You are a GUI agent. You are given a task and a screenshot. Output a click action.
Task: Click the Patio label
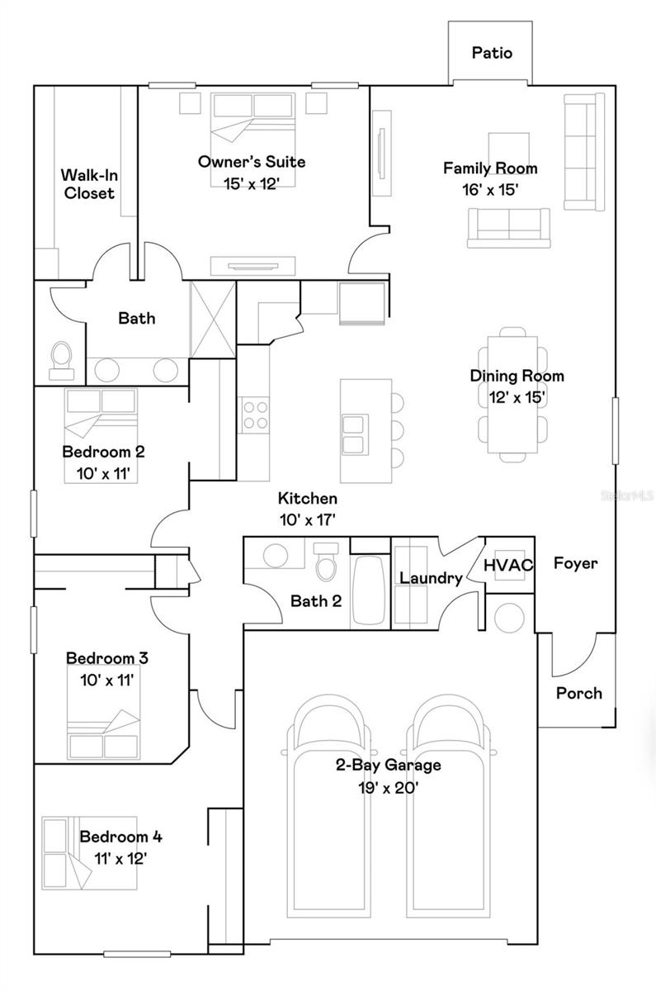pos(492,53)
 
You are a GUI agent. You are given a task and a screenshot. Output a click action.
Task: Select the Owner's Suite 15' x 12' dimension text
pos(251,183)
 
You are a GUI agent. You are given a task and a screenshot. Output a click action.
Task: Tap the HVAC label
pos(508,566)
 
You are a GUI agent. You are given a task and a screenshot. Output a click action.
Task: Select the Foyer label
pos(575,563)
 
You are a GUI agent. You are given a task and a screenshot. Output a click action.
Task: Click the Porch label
pos(578,693)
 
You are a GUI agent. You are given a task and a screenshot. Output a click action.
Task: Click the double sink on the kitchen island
pos(354,434)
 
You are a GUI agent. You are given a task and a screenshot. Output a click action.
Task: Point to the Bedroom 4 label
pos(120,837)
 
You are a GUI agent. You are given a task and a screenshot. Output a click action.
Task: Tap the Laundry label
pos(430,578)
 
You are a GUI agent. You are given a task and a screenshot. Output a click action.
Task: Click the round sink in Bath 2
pos(276,555)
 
